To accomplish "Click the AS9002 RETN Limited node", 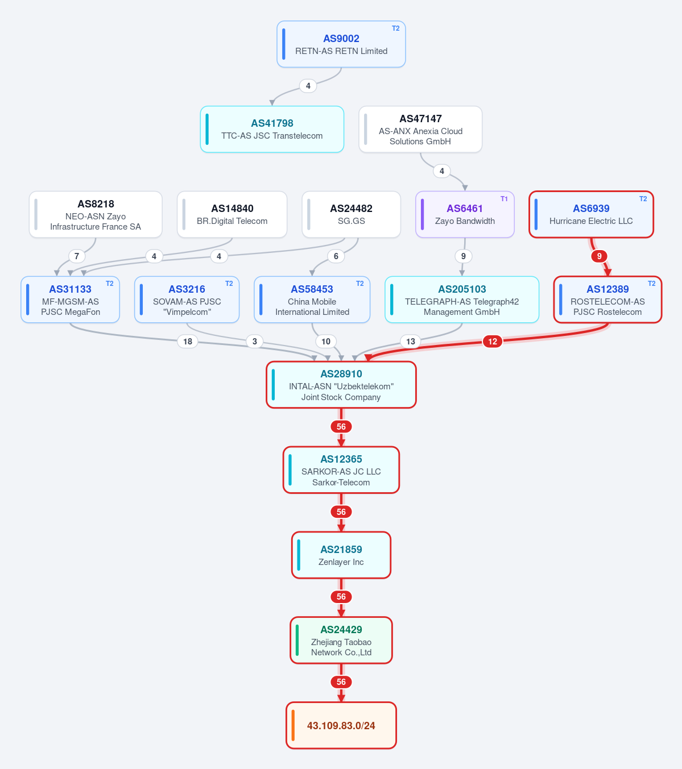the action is point(341,44).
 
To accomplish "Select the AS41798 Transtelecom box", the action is point(272,129).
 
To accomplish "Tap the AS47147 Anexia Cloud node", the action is point(420,129).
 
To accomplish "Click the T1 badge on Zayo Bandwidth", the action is point(504,198).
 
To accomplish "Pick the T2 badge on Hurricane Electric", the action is point(643,198).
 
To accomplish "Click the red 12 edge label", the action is point(493,341).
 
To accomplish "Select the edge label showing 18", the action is point(187,341).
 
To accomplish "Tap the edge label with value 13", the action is point(410,341).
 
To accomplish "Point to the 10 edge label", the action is point(325,341).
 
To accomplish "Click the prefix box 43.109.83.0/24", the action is point(341,725).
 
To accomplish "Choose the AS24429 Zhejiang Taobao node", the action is point(341,641).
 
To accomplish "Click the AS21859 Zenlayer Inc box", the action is point(341,555).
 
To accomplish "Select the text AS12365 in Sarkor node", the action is point(341,459).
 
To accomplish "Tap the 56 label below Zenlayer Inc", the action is point(341,597).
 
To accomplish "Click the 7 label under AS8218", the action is point(77,256).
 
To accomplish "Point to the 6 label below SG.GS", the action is point(336,256).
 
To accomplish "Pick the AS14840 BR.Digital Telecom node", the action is point(232,214).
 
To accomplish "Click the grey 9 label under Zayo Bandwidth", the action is point(463,256).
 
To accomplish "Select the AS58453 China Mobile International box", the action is point(312,300).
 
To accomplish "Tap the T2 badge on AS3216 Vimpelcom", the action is point(229,284).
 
